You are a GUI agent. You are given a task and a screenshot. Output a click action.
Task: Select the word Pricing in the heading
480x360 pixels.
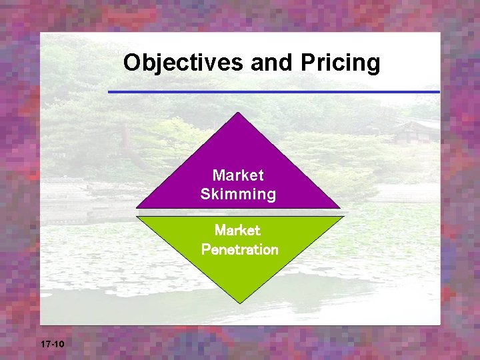(x=340, y=63)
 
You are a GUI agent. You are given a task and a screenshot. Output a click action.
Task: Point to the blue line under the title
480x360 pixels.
(x=273, y=91)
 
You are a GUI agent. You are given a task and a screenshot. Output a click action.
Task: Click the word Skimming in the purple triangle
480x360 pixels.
(x=238, y=195)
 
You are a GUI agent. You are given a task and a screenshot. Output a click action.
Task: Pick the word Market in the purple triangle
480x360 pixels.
(x=238, y=175)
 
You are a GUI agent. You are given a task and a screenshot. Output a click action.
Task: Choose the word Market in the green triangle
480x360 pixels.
(x=238, y=231)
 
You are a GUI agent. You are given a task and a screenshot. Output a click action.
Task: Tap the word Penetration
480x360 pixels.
(x=239, y=250)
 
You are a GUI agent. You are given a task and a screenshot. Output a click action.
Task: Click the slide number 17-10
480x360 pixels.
(x=52, y=345)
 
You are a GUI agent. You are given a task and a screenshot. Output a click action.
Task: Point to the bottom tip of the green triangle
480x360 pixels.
(x=239, y=301)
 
